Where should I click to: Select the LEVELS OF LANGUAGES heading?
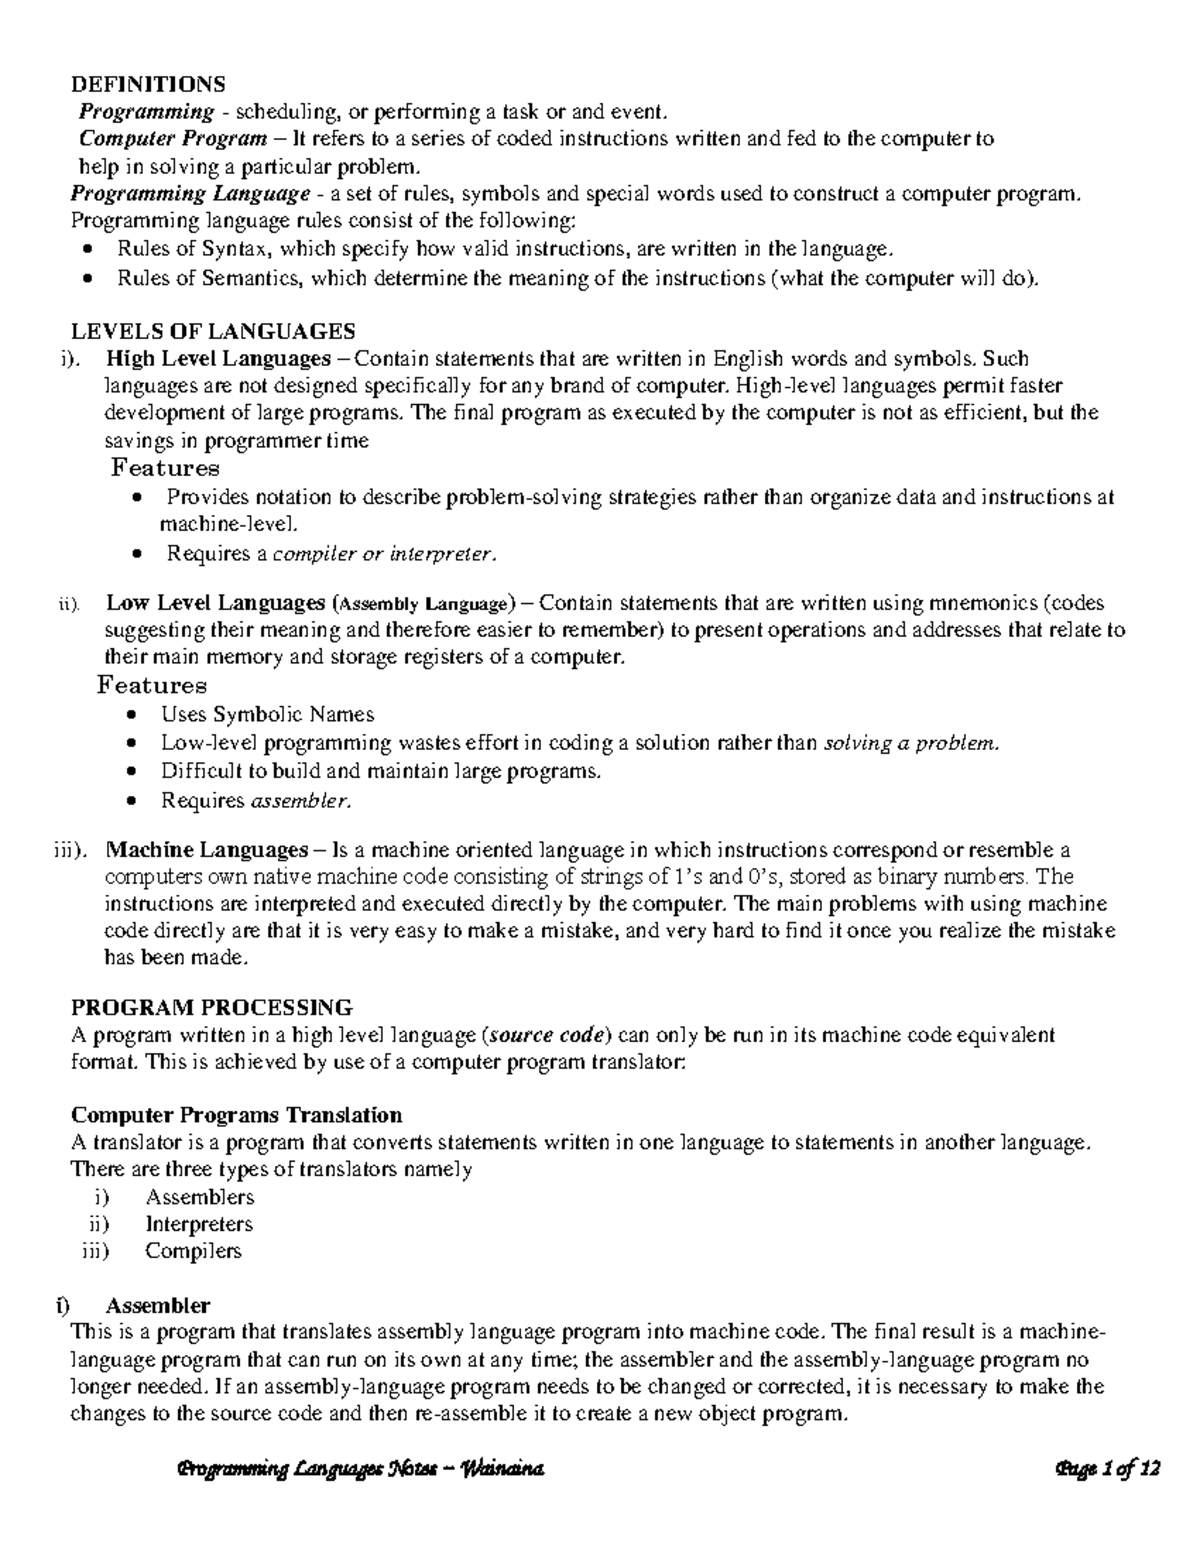pos(212,331)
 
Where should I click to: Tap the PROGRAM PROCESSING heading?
pos(211,1006)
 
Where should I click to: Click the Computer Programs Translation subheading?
pos(236,1114)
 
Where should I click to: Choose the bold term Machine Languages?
pos(207,850)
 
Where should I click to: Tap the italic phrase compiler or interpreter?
pos(383,553)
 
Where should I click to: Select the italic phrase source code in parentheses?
pos(546,1035)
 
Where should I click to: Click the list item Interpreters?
pos(199,1224)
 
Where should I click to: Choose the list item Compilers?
pos(193,1250)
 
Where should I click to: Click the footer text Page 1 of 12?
pos(1106,1469)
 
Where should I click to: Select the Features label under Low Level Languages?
pos(152,686)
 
